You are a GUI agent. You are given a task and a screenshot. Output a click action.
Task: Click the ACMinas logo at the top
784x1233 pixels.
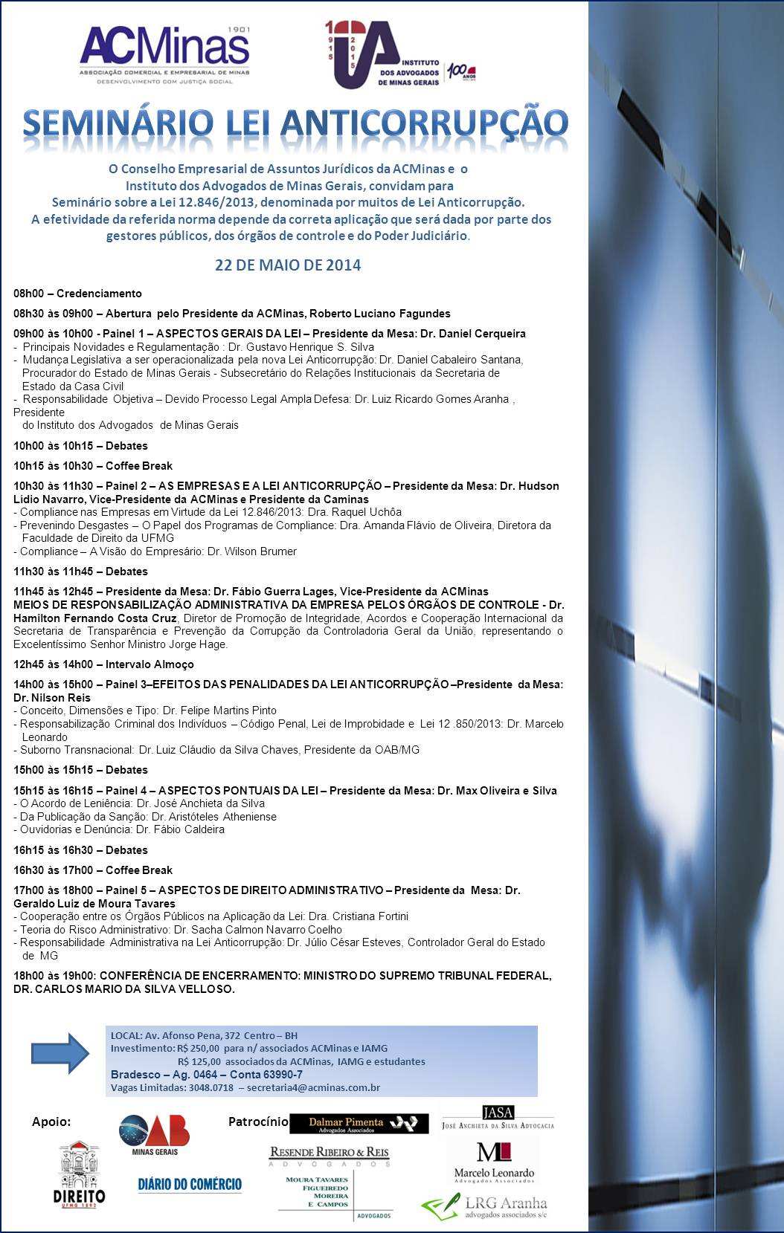click(x=164, y=56)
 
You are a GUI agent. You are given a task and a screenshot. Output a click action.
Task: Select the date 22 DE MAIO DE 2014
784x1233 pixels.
click(x=288, y=265)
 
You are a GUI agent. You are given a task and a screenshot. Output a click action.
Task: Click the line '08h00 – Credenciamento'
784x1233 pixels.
click(x=77, y=294)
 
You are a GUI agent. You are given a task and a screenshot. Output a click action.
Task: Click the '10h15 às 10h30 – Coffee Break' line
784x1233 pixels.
click(x=93, y=466)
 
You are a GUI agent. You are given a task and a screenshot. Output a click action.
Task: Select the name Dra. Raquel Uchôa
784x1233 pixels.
click(x=360, y=512)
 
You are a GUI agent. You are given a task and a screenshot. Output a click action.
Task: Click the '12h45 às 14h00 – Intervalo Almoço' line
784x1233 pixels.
click(x=103, y=664)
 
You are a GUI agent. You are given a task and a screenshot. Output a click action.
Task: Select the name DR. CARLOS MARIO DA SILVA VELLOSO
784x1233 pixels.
click(x=123, y=989)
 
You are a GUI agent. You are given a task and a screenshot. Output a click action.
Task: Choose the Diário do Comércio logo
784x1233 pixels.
click(x=190, y=1185)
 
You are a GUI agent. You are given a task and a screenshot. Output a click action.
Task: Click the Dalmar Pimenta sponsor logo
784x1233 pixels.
click(x=359, y=1124)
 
